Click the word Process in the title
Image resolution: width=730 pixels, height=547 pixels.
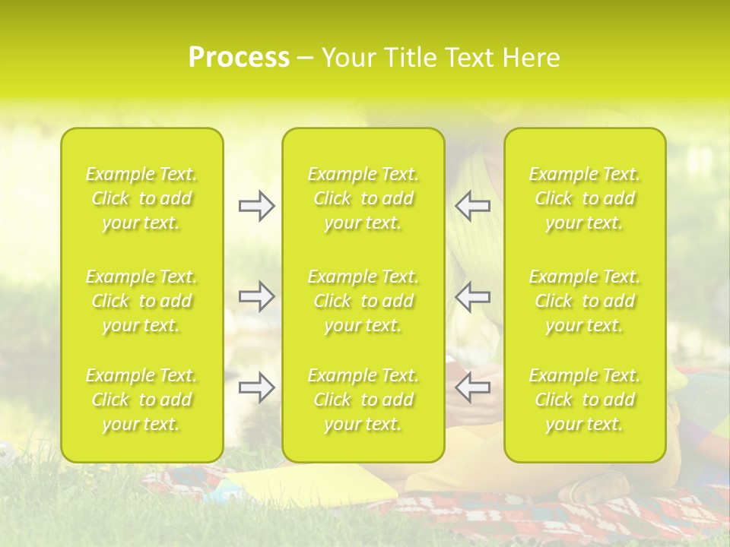pyautogui.click(x=239, y=58)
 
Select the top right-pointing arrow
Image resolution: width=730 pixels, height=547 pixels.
pyautogui.click(x=256, y=206)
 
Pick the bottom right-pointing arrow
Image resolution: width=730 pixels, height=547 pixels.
pyautogui.click(x=256, y=387)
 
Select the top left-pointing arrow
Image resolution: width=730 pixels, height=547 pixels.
pyautogui.click(x=473, y=206)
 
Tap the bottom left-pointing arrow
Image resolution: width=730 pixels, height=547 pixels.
pyautogui.click(x=473, y=387)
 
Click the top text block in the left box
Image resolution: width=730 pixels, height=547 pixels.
pyautogui.click(x=141, y=198)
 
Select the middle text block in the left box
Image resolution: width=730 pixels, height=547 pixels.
pyautogui.click(x=141, y=301)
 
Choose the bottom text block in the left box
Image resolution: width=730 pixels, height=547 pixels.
pyautogui.click(x=141, y=400)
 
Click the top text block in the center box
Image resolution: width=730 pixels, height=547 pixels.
pyautogui.click(x=363, y=198)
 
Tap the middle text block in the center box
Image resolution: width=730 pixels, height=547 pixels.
pyautogui.click(x=363, y=301)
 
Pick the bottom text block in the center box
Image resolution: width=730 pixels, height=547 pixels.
pyautogui.click(x=363, y=400)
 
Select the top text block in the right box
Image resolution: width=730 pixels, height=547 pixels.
pyautogui.click(x=585, y=198)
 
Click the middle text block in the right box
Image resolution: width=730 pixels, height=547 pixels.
pyautogui.click(x=585, y=301)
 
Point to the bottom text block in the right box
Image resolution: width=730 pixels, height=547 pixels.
pyautogui.click(x=585, y=400)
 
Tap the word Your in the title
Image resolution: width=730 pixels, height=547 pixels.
pyautogui.click(x=346, y=58)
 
